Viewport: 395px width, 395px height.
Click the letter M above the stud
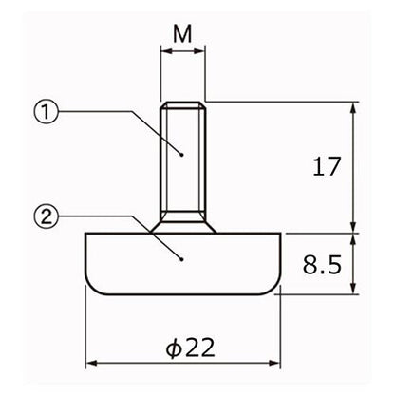click(182, 34)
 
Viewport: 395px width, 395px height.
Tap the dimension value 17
click(327, 166)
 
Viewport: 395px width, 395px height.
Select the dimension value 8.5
click(322, 265)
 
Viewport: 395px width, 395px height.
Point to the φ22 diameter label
click(191, 348)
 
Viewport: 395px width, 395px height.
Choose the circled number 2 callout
click(47, 216)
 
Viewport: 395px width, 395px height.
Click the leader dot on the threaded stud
click(181, 155)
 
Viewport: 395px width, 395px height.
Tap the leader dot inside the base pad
click(181, 260)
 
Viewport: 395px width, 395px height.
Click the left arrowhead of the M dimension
click(166, 51)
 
